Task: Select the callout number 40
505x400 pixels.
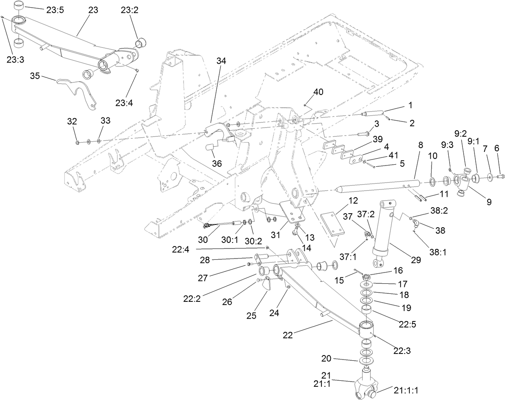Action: (318, 92)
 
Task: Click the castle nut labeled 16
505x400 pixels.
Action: (366, 277)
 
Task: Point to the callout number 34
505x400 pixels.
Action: (221, 61)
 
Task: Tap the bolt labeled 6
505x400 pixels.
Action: (500, 175)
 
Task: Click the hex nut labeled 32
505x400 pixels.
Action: (77, 141)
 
